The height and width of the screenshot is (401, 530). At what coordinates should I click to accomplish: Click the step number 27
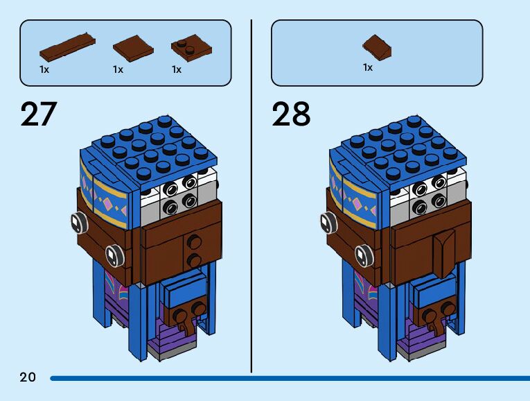39,114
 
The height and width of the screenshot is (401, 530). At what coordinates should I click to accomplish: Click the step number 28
291,114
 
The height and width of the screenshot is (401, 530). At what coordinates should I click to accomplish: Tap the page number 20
28,377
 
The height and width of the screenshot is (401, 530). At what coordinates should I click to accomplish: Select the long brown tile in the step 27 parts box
66,46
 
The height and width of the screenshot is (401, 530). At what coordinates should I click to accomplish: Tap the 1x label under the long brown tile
44,69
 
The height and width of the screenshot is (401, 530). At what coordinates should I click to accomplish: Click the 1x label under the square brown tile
118,69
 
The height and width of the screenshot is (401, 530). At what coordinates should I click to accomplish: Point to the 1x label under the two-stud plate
177,69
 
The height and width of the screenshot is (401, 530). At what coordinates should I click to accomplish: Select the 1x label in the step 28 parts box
368,67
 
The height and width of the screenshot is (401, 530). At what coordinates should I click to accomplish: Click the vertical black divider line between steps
251,194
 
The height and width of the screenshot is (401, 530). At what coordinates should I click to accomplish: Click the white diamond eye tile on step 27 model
76,223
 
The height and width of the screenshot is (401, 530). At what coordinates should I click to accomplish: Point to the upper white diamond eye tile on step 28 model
326,223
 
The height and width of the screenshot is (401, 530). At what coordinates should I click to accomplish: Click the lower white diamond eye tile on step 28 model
361,255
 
